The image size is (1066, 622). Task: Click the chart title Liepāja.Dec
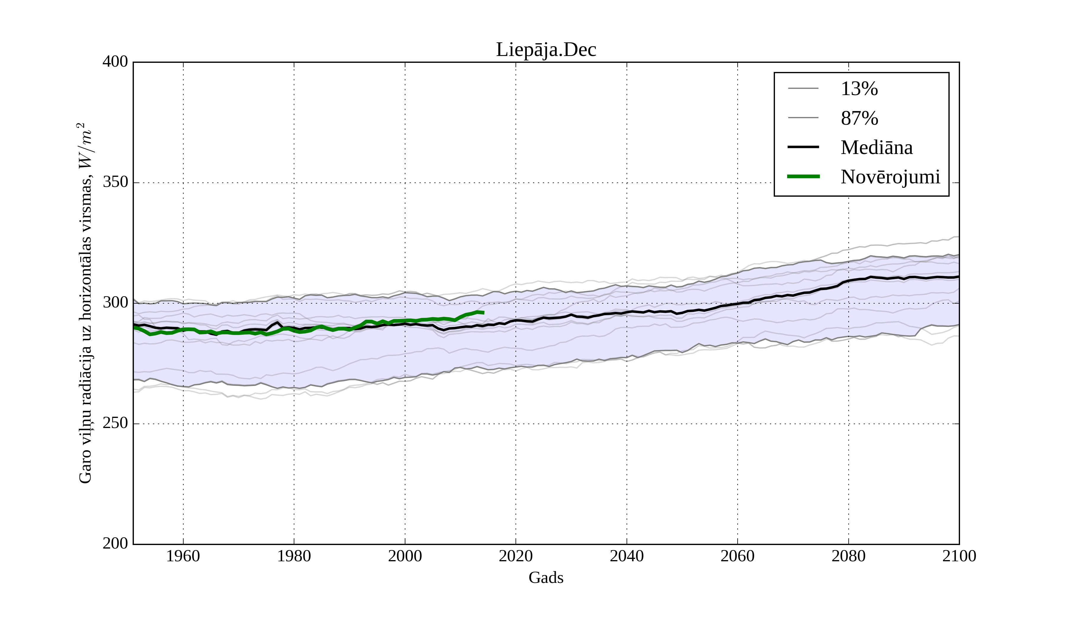click(x=546, y=50)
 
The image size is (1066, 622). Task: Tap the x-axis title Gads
click(x=546, y=578)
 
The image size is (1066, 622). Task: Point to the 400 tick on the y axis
click(x=115, y=62)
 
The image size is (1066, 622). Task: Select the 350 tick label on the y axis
click(x=115, y=182)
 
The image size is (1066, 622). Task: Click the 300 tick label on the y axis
click(x=115, y=303)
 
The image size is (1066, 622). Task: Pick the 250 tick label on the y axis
click(x=115, y=423)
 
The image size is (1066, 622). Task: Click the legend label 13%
click(x=859, y=89)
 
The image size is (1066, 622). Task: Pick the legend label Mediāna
click(x=876, y=148)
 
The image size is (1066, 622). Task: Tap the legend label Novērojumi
click(x=890, y=177)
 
